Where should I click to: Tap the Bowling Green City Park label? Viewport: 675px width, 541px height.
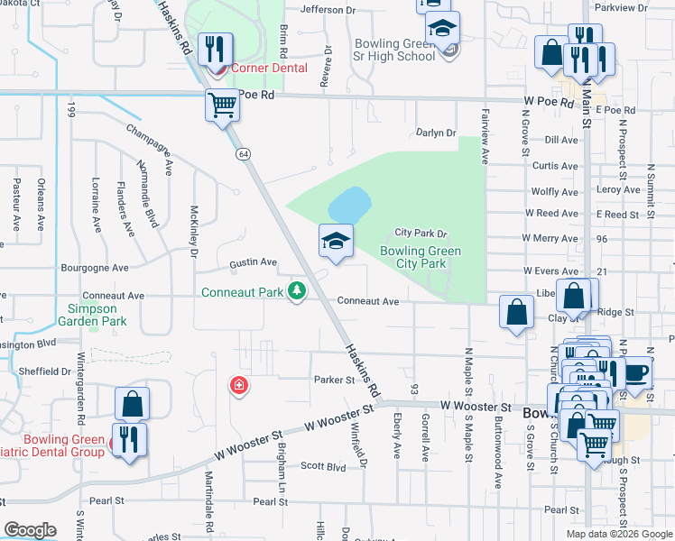pos(413,258)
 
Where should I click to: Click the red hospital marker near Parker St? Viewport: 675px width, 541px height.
pos(239,386)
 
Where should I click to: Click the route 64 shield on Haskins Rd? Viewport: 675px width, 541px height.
pos(244,154)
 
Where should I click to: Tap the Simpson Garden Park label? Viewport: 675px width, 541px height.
pos(90,315)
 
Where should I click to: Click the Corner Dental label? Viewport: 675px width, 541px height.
pos(269,68)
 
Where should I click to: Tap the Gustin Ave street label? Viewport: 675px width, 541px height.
pos(254,262)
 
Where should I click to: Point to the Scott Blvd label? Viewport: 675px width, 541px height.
pos(323,466)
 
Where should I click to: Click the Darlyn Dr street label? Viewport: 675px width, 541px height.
pos(436,133)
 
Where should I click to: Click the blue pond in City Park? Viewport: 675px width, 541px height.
pos(348,205)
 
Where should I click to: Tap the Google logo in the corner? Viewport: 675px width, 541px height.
pos(31,530)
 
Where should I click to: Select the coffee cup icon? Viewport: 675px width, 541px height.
pos(637,371)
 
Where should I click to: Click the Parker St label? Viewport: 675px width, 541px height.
pos(335,380)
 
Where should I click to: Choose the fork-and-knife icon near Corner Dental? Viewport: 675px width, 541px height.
pos(215,49)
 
